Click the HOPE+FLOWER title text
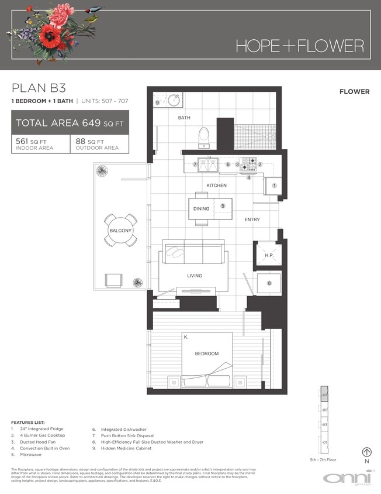click(300, 45)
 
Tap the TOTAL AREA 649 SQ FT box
click(70, 123)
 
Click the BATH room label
click(185, 118)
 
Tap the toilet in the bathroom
click(204, 138)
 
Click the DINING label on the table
click(201, 208)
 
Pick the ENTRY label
click(252, 219)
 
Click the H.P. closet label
click(269, 255)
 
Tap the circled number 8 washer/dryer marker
click(269, 283)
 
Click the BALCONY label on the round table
click(121, 231)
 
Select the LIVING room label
click(195, 276)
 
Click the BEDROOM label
click(207, 354)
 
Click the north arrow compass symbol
click(367, 452)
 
